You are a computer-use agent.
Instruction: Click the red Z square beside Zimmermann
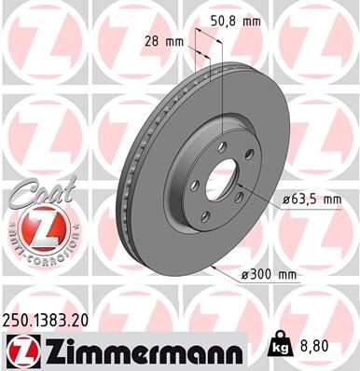coord(21,351)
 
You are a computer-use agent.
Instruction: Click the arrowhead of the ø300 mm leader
coord(215,267)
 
